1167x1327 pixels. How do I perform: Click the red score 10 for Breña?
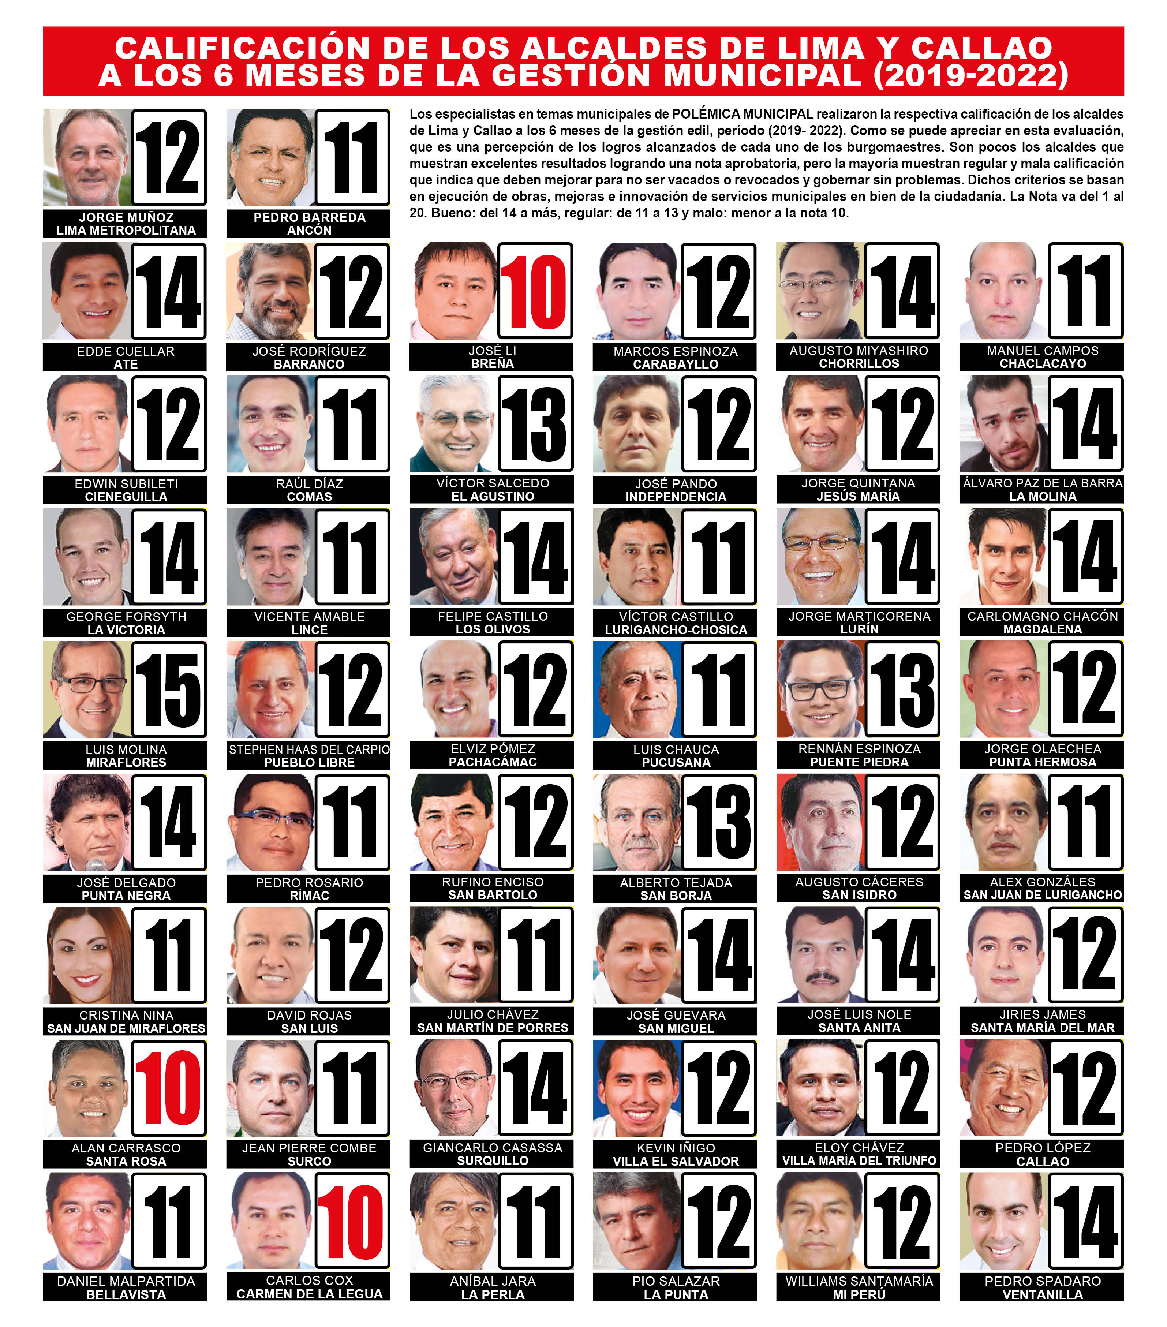535,292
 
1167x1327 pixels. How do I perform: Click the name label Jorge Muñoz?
126,217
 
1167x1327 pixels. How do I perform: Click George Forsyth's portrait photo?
87,557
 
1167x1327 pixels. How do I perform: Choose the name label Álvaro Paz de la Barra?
1042,483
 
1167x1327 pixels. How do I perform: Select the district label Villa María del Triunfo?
859,1161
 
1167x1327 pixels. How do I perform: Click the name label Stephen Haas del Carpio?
309,749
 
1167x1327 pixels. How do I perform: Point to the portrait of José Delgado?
87,823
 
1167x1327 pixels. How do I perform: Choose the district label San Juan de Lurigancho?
1042,895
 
